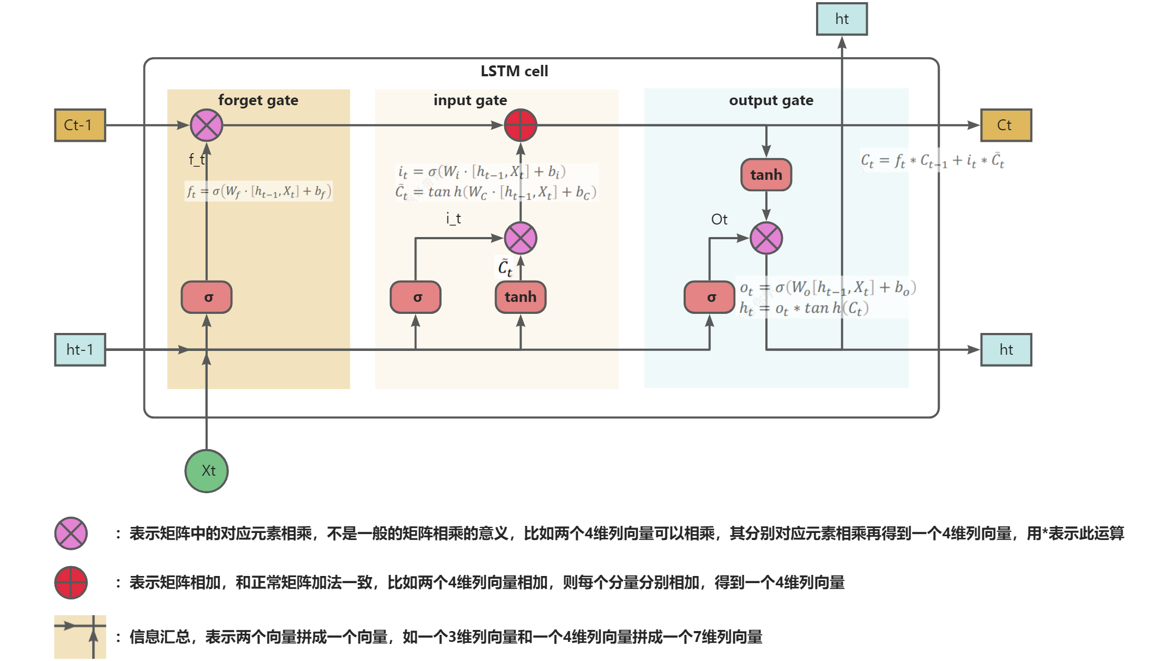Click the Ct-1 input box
80,125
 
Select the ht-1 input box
80,350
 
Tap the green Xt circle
207,471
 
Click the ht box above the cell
842,19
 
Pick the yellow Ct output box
1006,125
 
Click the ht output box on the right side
1006,350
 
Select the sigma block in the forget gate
207,298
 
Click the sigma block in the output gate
710,298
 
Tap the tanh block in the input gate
521,298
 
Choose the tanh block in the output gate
766,175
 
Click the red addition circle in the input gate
521,125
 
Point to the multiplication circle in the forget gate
207,125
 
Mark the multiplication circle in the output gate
766,238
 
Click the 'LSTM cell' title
514,71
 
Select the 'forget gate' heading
258,100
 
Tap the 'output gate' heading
771,100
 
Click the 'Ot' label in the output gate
719,220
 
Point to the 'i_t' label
453,219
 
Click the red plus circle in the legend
71,583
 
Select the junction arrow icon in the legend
80,636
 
